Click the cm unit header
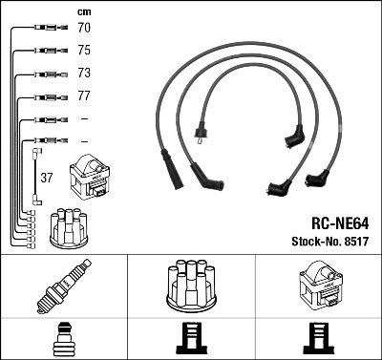[83, 12]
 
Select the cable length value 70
[84, 29]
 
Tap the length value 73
[84, 74]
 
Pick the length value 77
[84, 96]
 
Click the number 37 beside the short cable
[48, 178]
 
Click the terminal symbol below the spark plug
[63, 337]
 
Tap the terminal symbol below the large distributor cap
[190, 337]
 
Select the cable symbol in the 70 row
[43, 29]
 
